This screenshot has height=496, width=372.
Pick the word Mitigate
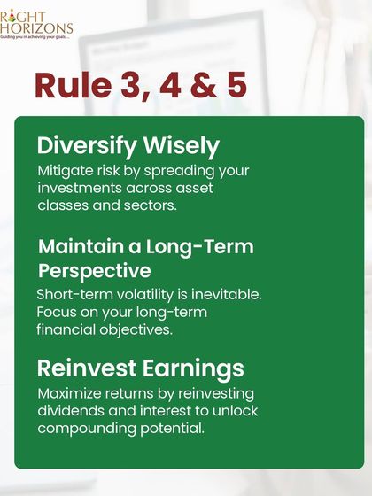point(65,171)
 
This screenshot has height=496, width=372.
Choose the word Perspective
point(94,270)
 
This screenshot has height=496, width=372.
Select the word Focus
point(57,312)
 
